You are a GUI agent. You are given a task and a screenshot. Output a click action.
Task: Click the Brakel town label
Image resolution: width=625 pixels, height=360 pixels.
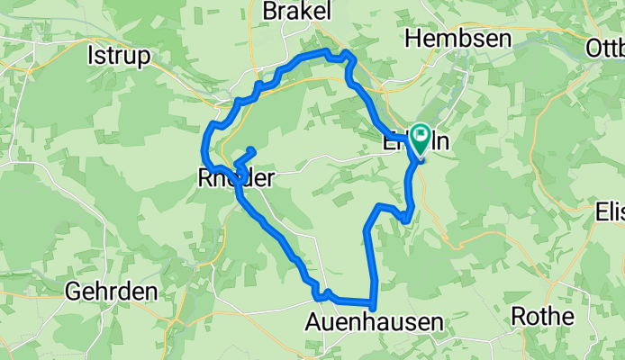point(295,11)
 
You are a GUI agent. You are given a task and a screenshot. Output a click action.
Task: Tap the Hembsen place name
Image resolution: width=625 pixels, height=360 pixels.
point(457,39)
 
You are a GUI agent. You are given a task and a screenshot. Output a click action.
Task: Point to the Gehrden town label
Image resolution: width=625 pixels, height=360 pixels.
point(111,292)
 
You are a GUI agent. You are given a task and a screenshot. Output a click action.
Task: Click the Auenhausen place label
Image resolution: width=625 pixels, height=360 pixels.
point(374,321)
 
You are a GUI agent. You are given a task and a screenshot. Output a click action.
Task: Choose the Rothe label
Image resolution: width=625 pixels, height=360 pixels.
point(542,316)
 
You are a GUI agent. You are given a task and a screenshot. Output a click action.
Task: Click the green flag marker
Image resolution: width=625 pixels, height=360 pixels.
point(421,138)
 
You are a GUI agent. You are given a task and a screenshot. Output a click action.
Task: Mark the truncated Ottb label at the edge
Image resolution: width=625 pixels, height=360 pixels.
point(604,47)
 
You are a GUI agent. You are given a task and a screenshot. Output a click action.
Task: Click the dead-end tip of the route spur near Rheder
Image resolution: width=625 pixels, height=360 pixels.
point(252,149)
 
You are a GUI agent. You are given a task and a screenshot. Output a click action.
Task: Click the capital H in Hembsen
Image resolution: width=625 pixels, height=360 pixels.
point(414,39)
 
